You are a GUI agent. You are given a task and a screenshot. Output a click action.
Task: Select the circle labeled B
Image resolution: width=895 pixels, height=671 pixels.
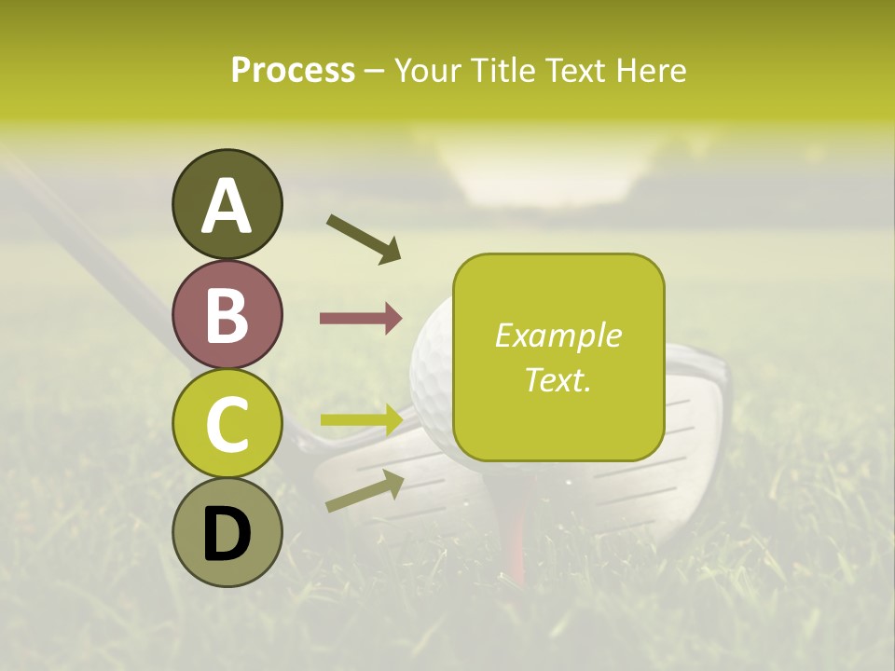point(227,314)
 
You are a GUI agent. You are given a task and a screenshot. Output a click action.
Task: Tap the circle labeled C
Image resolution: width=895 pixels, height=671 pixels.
point(227,424)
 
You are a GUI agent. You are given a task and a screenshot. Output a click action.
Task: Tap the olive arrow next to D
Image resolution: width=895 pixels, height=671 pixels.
point(365,491)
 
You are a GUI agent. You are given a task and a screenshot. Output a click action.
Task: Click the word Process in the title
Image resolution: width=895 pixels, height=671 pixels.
point(293,70)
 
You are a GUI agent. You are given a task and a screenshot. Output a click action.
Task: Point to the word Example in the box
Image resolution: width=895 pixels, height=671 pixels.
point(558,335)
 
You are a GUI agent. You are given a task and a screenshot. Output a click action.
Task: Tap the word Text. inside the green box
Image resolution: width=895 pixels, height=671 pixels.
point(558,379)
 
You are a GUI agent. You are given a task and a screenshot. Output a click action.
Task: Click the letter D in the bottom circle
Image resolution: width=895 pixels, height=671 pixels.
point(227,534)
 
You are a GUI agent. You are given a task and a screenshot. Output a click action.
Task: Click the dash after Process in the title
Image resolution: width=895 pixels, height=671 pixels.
point(374,71)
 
